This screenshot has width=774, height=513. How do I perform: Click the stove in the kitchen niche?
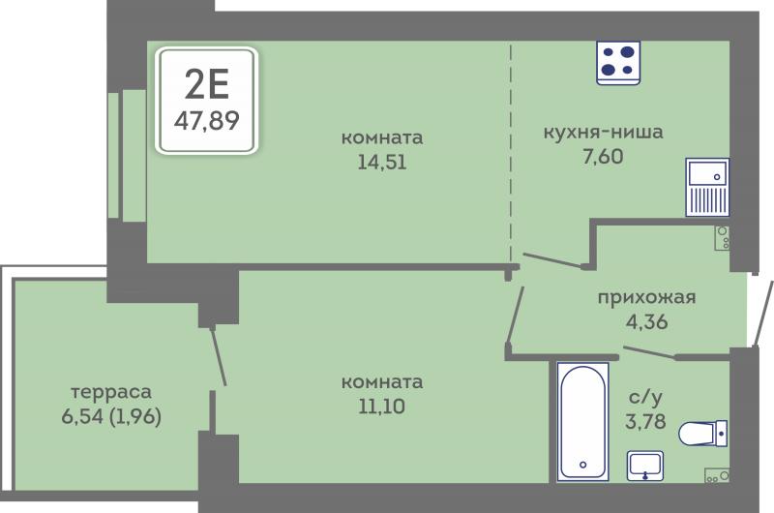pyautogui.click(x=618, y=63)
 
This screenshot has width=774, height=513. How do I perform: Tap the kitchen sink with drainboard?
pyautogui.click(x=707, y=187)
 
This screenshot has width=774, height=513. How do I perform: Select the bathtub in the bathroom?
pyautogui.click(x=582, y=422)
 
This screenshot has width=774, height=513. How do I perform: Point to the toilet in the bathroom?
pyautogui.click(x=703, y=434)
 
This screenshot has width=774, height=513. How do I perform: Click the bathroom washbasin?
pyautogui.click(x=644, y=466)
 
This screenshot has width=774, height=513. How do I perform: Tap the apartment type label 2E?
pyautogui.click(x=207, y=84)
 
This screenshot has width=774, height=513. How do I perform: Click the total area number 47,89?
pyautogui.click(x=206, y=120)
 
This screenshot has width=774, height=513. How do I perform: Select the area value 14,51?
pyautogui.click(x=382, y=162)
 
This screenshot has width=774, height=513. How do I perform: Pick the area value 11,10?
pyautogui.click(x=381, y=407)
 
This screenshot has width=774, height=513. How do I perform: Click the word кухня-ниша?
pyautogui.click(x=603, y=133)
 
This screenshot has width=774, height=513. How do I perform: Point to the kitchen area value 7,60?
pyautogui.click(x=603, y=157)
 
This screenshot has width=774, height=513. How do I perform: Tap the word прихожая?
pyautogui.click(x=646, y=298)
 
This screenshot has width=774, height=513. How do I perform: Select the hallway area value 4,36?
pyautogui.click(x=646, y=321)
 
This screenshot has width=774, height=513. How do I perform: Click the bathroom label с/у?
pyautogui.click(x=645, y=397)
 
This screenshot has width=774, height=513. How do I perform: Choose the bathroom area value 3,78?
pyautogui.click(x=645, y=421)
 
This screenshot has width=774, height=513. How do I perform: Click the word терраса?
pyautogui.click(x=111, y=392)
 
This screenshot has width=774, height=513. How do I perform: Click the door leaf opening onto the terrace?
pyautogui.click(x=219, y=355)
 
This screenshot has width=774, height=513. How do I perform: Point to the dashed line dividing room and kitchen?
pyautogui.click(x=511, y=153)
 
